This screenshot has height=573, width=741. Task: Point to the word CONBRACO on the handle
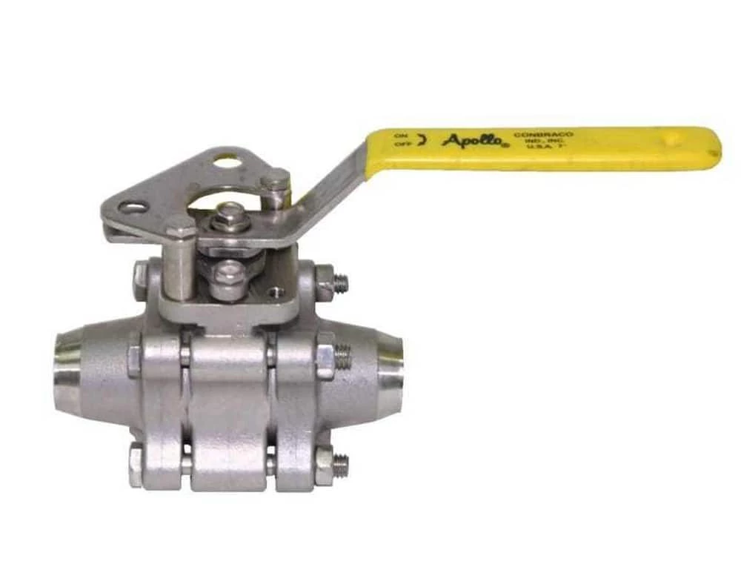543,135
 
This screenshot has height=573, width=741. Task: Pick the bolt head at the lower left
136,465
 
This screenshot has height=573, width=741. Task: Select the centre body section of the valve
228,411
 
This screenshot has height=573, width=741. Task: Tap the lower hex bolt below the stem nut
227,281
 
